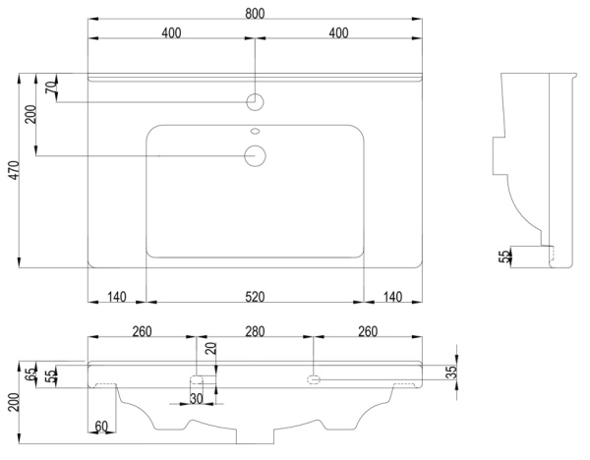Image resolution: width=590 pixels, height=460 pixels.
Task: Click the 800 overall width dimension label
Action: click(x=255, y=14)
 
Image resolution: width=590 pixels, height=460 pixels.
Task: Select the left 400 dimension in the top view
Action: click(x=171, y=32)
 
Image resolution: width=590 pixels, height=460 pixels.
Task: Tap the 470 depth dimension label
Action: click(x=14, y=170)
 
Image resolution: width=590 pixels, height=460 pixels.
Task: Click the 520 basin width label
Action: click(x=255, y=297)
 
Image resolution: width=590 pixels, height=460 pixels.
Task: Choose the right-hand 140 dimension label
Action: click(x=392, y=297)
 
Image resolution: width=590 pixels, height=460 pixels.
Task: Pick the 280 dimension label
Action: click(x=255, y=332)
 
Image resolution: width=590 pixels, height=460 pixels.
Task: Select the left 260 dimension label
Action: click(x=142, y=332)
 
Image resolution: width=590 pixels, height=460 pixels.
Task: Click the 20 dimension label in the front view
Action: click(x=212, y=348)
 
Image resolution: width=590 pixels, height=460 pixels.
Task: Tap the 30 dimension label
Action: click(x=197, y=399)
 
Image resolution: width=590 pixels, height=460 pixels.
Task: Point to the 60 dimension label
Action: click(x=101, y=427)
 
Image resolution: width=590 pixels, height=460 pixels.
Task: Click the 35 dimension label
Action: click(x=451, y=372)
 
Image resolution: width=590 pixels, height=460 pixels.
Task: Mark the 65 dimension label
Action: click(x=31, y=374)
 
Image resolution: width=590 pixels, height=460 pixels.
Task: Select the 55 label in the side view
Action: click(x=504, y=257)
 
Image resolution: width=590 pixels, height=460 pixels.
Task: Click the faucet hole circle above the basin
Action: click(x=255, y=102)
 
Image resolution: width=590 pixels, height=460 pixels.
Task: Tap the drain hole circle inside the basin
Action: click(x=255, y=155)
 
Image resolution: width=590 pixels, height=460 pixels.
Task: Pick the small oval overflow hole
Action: click(x=255, y=132)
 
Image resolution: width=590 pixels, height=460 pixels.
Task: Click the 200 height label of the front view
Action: click(x=14, y=402)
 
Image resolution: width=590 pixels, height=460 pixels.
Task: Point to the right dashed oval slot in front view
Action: click(x=314, y=379)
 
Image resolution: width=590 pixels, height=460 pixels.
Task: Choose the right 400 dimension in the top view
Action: click(x=338, y=32)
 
